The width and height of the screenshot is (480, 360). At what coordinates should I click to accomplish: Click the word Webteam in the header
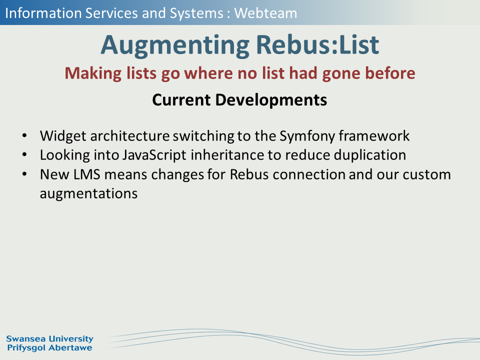click(x=265, y=13)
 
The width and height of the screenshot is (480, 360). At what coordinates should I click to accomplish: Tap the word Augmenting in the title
click(x=175, y=45)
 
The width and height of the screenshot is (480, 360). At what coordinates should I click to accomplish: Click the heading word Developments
click(x=271, y=100)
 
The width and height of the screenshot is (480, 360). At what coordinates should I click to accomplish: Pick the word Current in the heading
click(x=181, y=100)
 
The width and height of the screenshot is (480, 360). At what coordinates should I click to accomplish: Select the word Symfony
click(x=307, y=136)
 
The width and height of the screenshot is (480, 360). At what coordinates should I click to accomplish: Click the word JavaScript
click(x=154, y=155)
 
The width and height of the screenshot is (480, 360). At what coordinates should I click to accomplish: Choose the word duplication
click(x=370, y=155)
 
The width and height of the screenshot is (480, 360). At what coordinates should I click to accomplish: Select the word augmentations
click(x=89, y=194)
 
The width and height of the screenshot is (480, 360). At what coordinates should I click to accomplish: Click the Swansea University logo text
click(x=49, y=339)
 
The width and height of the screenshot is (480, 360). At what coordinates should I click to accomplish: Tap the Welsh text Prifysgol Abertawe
click(x=49, y=348)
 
